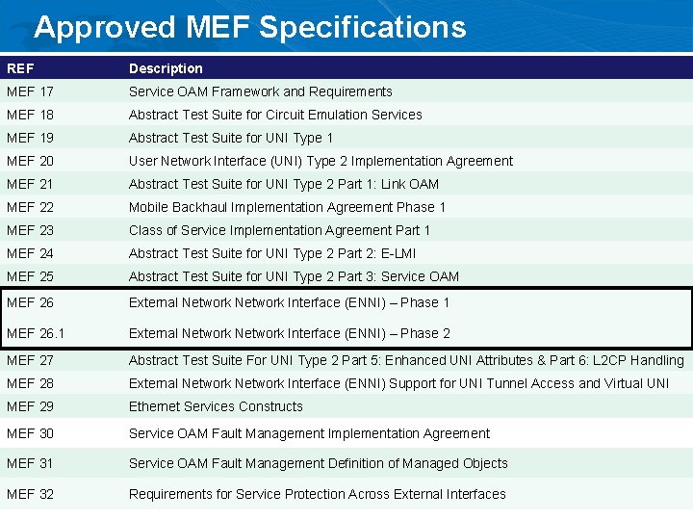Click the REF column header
point(19,68)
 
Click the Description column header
point(166,68)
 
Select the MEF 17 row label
point(30,91)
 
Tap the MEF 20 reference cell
point(30,161)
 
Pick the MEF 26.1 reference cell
point(36,333)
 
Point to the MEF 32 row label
point(30,494)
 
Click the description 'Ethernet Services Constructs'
point(216,406)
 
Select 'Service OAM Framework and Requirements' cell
point(261,91)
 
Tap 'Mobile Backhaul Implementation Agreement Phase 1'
point(287,207)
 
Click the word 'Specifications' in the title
point(363,27)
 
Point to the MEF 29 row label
point(30,406)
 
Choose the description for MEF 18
point(275,115)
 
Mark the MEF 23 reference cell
point(30,230)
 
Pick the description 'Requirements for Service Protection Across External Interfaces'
point(317,494)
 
